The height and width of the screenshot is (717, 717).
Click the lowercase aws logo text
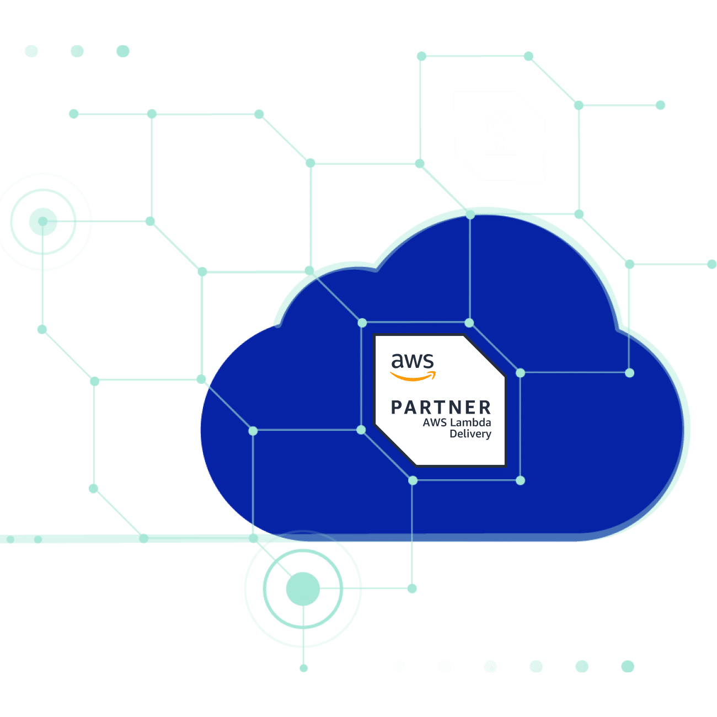point(412,361)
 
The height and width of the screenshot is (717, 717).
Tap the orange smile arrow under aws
point(413,376)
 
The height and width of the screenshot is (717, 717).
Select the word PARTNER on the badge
point(441,408)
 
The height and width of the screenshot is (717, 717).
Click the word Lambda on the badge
point(470,422)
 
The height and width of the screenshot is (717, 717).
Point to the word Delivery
point(470,434)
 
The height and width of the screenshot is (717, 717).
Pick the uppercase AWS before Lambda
point(435,422)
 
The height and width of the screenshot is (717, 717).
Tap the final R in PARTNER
point(485,408)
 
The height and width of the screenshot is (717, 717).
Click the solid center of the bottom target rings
point(303,589)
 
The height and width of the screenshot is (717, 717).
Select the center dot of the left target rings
point(43,221)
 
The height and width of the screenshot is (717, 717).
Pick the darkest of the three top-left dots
point(123,51)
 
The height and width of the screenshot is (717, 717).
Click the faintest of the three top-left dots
point(31,51)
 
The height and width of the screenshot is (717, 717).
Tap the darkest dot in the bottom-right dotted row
point(628,666)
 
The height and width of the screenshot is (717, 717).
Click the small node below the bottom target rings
point(303,668)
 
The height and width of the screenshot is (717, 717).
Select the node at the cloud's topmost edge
point(470,215)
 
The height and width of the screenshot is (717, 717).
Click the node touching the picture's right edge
point(712,264)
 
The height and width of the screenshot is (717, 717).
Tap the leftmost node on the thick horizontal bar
point(10,539)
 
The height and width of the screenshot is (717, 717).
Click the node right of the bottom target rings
point(412,588)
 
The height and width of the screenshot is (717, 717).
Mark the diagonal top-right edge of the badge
point(484,355)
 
